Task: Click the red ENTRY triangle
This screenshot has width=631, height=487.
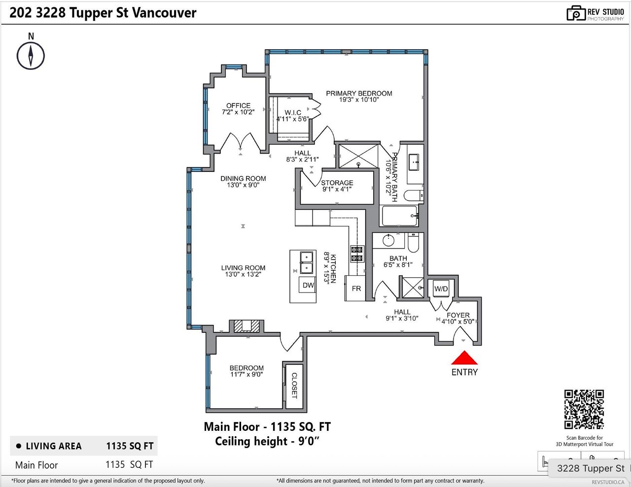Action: coord(464,358)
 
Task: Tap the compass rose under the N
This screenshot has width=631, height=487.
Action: coord(31,56)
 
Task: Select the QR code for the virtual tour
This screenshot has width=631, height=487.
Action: coord(584,409)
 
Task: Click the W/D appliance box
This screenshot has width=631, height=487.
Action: coord(441,289)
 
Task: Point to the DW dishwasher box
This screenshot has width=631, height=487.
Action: coord(307,285)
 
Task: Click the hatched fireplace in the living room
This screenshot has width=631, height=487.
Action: coord(246,326)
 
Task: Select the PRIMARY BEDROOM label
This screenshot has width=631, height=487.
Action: coord(359,94)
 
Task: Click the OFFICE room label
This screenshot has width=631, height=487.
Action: coord(238,105)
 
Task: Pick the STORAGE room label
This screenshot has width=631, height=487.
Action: coord(337,183)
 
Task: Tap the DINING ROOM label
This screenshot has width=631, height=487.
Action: coord(243,178)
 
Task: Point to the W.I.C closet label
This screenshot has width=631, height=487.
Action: coord(293,113)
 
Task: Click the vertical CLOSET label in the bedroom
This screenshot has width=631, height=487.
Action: coord(294,386)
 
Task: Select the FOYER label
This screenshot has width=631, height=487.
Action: coord(458,315)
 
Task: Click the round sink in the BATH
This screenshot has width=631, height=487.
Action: coord(388,240)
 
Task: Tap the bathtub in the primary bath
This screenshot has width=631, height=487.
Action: coord(399,216)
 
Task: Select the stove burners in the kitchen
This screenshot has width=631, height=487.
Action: coord(357,254)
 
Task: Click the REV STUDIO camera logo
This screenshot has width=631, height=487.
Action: coord(575,13)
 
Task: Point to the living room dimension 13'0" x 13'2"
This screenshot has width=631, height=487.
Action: coord(243,274)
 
